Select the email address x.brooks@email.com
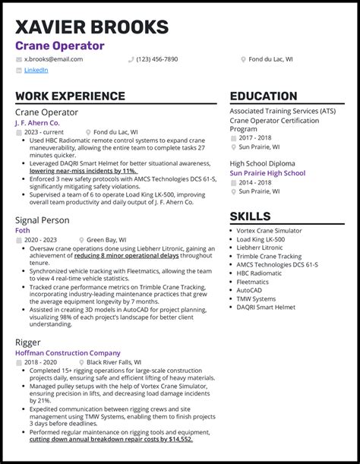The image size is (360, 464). coord(53,59)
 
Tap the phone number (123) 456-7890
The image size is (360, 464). coord(157,59)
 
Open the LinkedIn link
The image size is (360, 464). coord(36,70)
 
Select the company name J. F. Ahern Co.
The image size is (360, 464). coord(37,122)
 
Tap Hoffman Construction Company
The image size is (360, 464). coord(68,353)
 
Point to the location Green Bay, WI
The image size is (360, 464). coord(109,241)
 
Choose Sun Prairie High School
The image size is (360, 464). coord(267,173)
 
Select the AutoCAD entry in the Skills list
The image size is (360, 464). coord(256,290)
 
